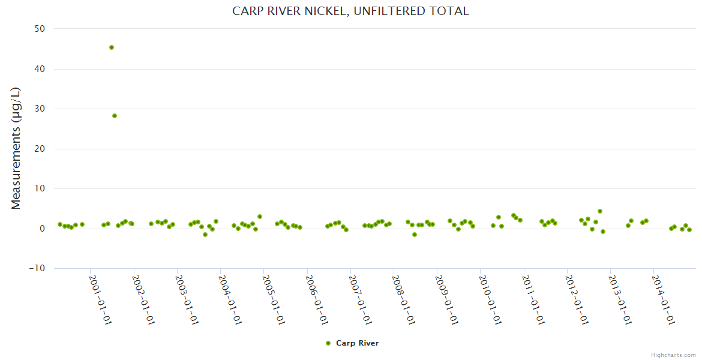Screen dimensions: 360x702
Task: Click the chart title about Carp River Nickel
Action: pyautogui.click(x=350, y=11)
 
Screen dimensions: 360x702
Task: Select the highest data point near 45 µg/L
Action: pyautogui.click(x=112, y=47)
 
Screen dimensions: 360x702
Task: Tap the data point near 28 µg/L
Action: pyautogui.click(x=115, y=116)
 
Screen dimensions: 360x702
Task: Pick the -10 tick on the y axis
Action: pyautogui.click(x=38, y=268)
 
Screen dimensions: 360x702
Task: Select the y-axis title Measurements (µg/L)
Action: pyautogui.click(x=16, y=148)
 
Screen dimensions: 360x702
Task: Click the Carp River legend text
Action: pyautogui.click(x=357, y=343)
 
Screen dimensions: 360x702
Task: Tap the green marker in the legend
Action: pyautogui.click(x=328, y=343)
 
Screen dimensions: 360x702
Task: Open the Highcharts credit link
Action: pyautogui.click(x=673, y=355)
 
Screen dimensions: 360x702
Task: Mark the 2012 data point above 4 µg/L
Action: pyautogui.click(x=600, y=211)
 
